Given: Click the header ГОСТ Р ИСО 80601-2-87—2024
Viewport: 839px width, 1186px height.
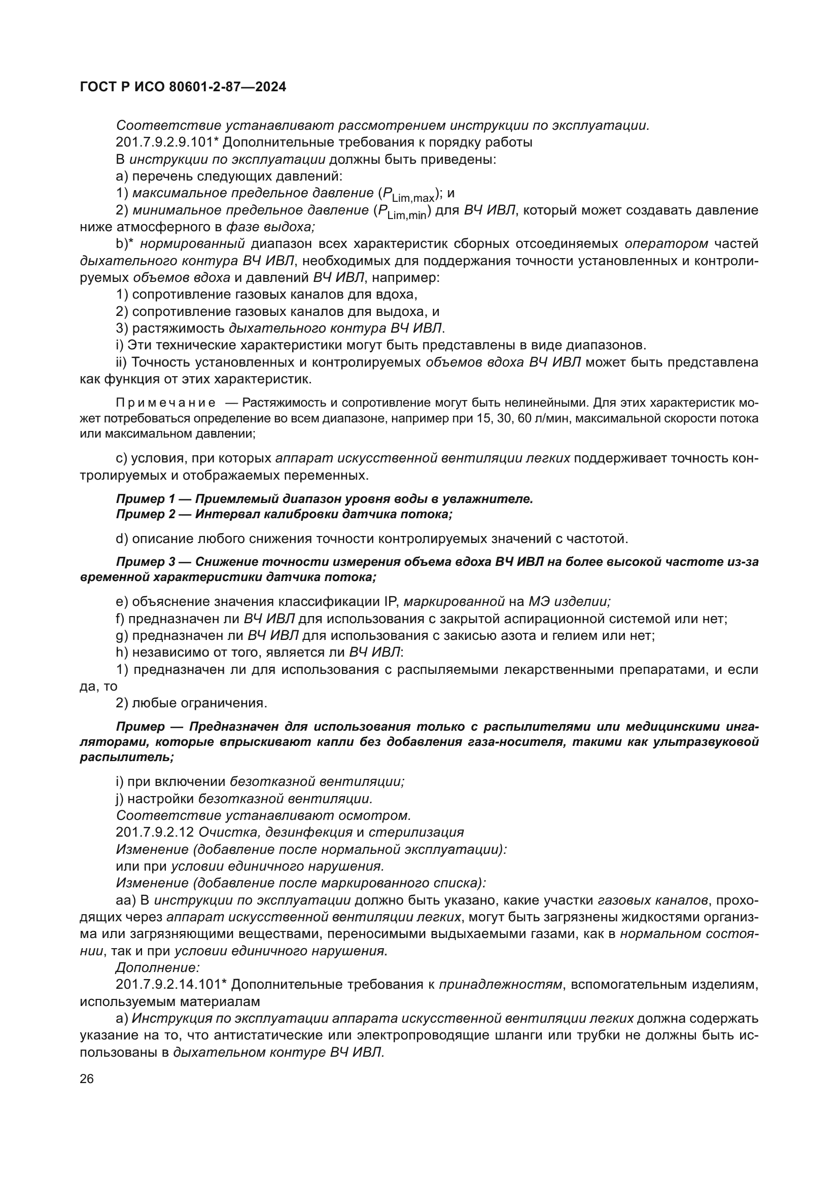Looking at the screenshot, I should pos(183,87).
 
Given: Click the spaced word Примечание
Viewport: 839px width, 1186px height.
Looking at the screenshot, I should pos(166,403).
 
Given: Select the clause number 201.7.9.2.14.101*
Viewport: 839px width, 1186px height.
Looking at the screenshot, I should pos(171,985).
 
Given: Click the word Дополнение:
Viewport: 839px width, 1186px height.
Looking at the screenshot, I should pos(158,967).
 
